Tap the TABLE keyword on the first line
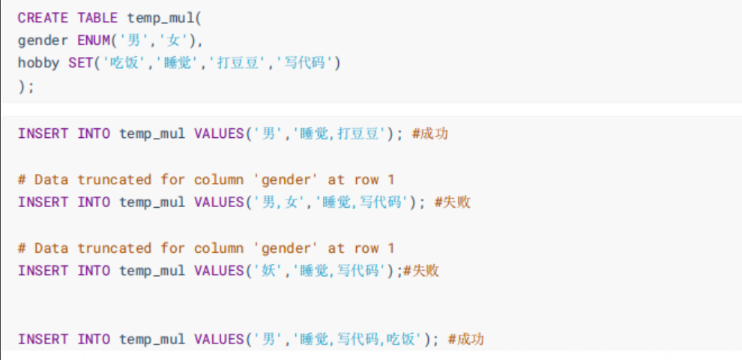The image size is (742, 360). tap(96, 17)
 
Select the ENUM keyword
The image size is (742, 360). tap(94, 40)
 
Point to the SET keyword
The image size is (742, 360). tap(77, 63)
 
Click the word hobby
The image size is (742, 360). tap(38, 63)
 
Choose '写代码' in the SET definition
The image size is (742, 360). tap(308, 63)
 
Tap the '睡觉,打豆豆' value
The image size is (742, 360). tap(342, 133)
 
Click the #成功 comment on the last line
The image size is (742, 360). tap(465, 339)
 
